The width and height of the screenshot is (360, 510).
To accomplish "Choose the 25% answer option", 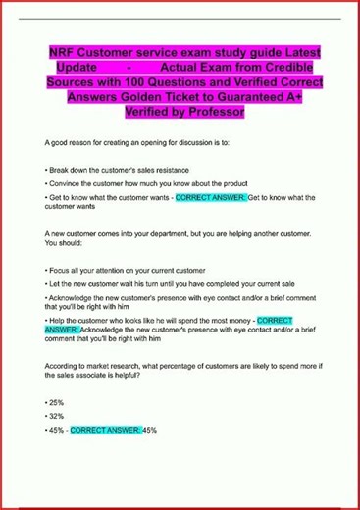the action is (x=55, y=402).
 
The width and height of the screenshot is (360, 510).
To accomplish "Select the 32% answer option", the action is (x=55, y=416).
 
